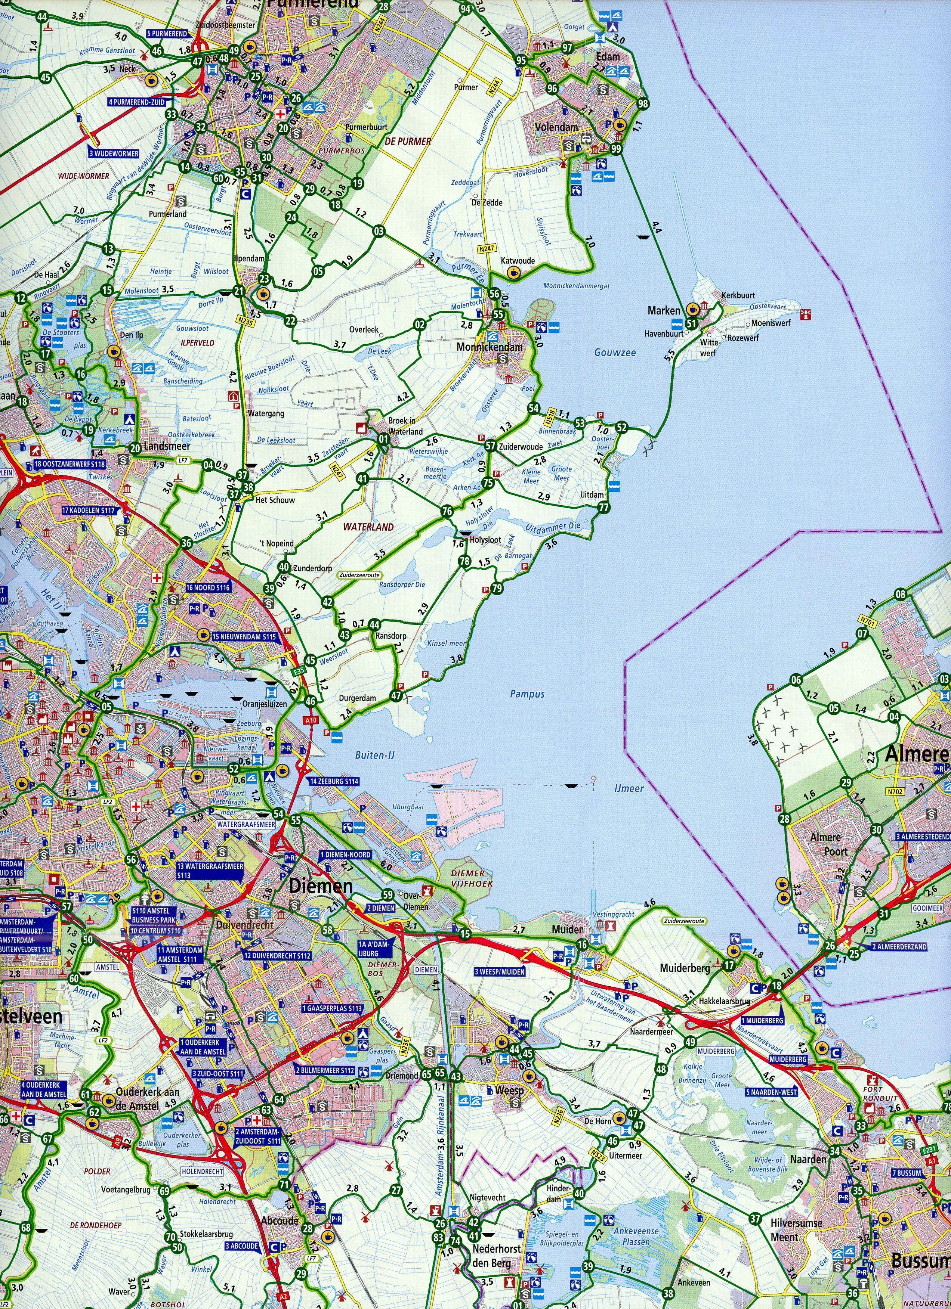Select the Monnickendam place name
pyautogui.click(x=489, y=347)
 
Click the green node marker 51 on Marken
pyautogui.click(x=691, y=323)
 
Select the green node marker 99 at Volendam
pyautogui.click(x=617, y=149)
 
